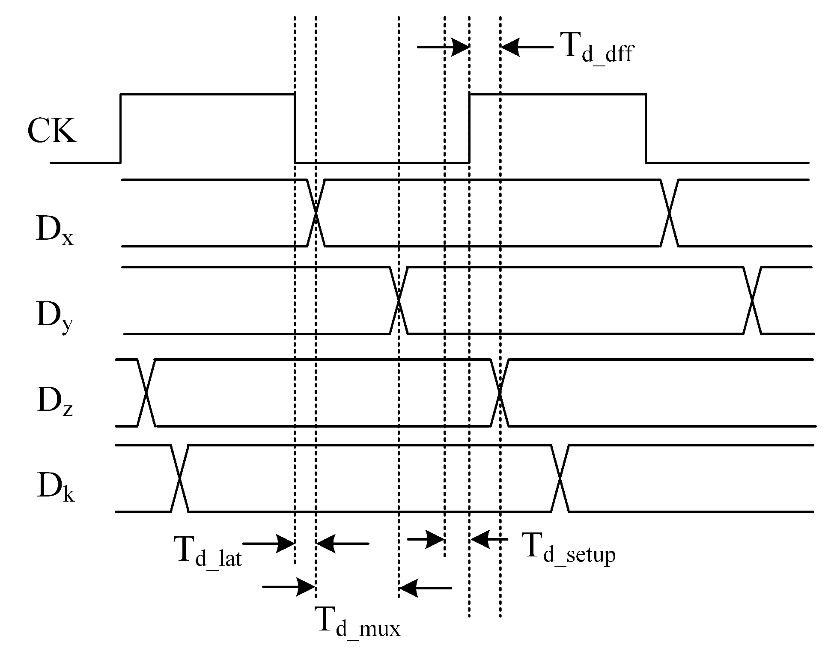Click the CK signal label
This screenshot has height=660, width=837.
point(52,130)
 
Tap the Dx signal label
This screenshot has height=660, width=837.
point(54,232)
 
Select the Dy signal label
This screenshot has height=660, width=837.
point(54,317)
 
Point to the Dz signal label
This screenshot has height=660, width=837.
point(54,401)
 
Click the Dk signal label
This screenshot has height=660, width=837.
point(55,488)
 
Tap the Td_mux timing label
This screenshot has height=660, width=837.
point(357,623)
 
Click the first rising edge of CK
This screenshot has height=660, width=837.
point(121,128)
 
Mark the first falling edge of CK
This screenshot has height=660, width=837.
point(295,128)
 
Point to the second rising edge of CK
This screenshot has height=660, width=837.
point(470,128)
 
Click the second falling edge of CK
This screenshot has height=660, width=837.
point(646,128)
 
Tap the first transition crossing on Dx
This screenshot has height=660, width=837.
point(316,213)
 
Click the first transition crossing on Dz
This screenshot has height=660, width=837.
point(146,392)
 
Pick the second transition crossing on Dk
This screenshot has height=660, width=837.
point(560,479)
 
